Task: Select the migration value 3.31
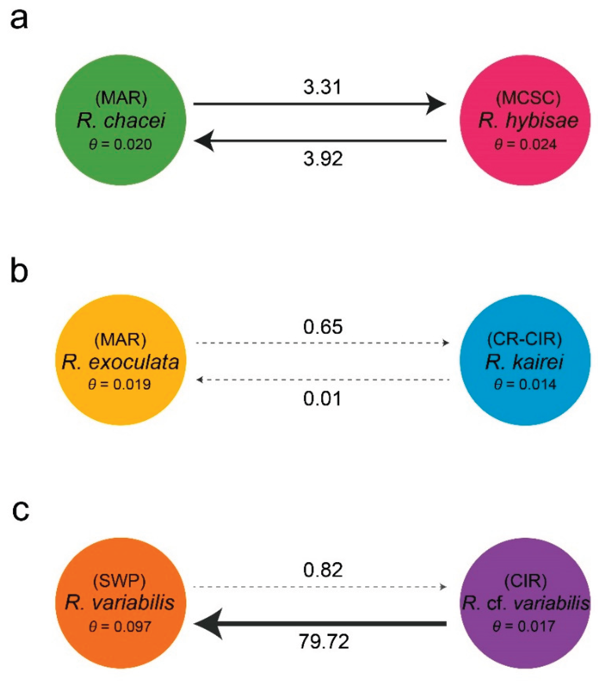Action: [x=322, y=88]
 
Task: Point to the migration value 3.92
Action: [x=323, y=159]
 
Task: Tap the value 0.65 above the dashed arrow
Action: [x=323, y=327]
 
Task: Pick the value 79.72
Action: [x=324, y=641]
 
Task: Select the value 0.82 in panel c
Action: [x=323, y=570]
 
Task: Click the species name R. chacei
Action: [x=121, y=121]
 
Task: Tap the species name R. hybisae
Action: [x=528, y=121]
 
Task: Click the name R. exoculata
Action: [x=121, y=362]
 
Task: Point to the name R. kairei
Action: [x=524, y=362]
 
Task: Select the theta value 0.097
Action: [x=120, y=626]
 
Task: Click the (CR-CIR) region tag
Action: [x=525, y=339]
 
